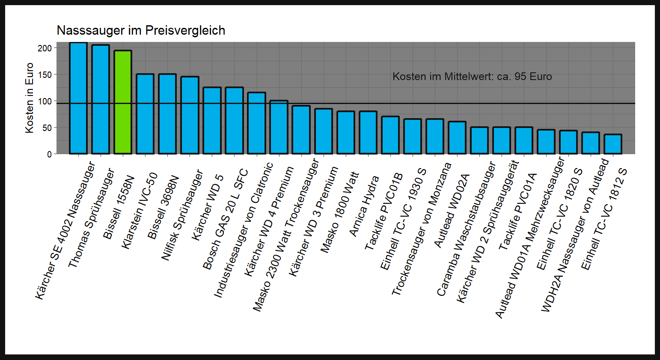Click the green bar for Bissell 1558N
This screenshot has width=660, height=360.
[x=123, y=102]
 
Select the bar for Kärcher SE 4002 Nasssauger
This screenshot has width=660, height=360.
[x=78, y=98]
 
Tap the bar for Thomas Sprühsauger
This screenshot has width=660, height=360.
[x=101, y=99]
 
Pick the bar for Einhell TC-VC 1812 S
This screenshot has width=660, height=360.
[x=613, y=144]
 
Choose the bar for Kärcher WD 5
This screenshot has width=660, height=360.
[x=212, y=121]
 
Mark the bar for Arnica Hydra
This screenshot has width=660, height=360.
[x=368, y=133]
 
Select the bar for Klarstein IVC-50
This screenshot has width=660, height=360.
[x=145, y=114]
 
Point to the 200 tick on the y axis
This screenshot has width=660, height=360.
[x=45, y=48]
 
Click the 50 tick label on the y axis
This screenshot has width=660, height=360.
[x=47, y=128]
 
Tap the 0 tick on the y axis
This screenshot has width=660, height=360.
[x=49, y=154]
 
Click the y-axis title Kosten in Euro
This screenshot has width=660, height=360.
[x=29, y=98]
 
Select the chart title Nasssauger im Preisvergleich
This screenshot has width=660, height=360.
[x=141, y=30]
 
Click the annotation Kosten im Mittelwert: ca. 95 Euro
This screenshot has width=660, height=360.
[x=472, y=77]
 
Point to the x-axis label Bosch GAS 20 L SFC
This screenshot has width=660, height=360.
[x=225, y=220]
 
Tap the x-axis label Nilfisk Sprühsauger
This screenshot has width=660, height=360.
[x=182, y=215]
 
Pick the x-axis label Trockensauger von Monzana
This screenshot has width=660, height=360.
[x=422, y=229]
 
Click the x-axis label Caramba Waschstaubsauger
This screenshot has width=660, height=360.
[x=466, y=229]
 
